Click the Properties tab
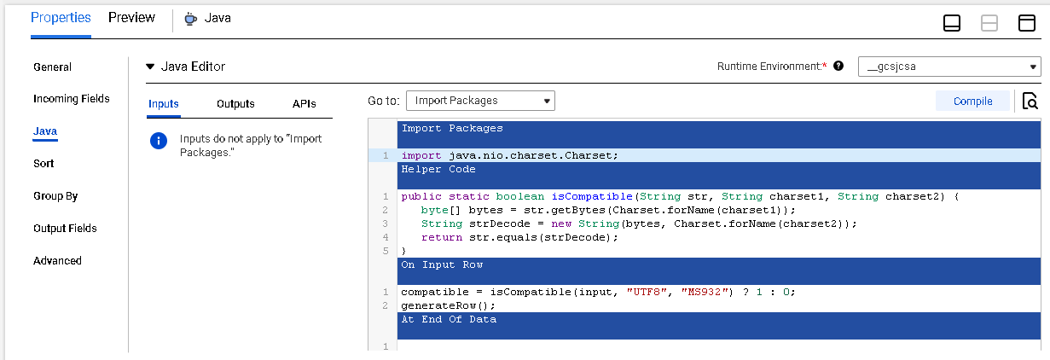coord(61,18)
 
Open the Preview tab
coord(131,18)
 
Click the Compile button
coord(972,102)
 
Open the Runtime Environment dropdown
coord(949,67)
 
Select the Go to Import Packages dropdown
coord(480,101)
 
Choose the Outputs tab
coord(235,103)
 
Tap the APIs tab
coord(305,103)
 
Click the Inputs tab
coord(164,103)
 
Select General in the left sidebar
coord(53,67)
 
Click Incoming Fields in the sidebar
coord(72,98)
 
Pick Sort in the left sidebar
coord(44,164)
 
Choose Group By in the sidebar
coord(55,196)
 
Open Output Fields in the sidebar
coord(65,229)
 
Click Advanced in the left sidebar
coord(57,261)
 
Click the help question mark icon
coord(838,66)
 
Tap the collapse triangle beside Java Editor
coord(150,67)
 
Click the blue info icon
coord(159,141)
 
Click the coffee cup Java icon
coord(190,19)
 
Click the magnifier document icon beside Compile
coord(1030,102)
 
